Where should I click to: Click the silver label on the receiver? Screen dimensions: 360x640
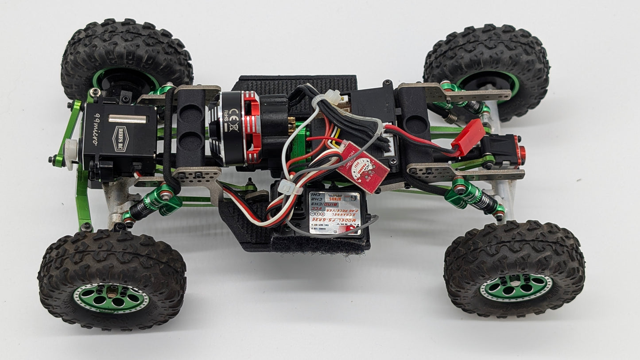[335, 213]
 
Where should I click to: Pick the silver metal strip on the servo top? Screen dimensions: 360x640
[127, 119]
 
